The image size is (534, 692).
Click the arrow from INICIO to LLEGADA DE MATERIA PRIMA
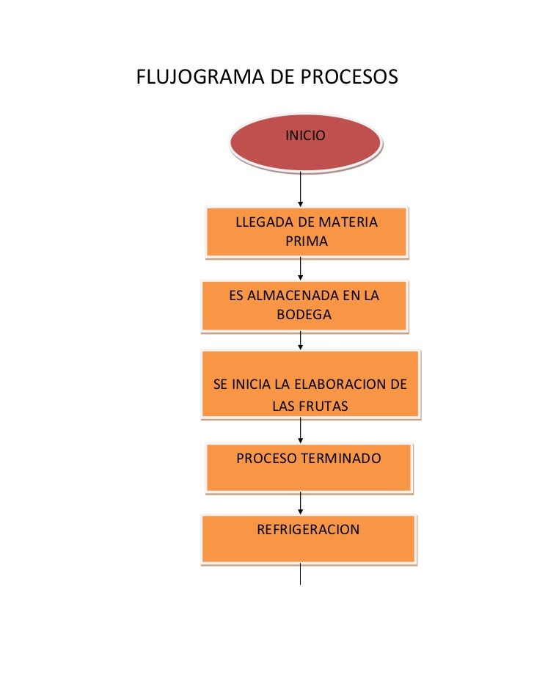click(x=301, y=187)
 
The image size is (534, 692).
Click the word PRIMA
click(x=307, y=241)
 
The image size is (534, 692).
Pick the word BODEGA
click(x=304, y=315)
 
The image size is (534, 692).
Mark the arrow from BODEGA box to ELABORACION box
click(x=301, y=340)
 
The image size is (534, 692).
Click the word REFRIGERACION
click(x=308, y=529)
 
